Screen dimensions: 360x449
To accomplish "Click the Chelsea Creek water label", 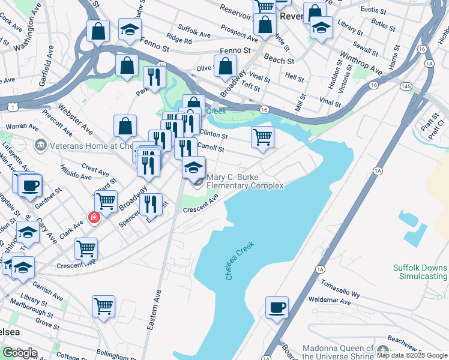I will point(240,261).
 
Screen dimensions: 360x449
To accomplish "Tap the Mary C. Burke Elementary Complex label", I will point(244,182).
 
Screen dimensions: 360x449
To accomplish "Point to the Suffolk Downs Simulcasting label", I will point(420,272).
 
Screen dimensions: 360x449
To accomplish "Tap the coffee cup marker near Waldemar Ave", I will point(277,308).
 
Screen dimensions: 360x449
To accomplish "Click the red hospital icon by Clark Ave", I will point(94,217).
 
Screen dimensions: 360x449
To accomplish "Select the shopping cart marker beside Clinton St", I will point(263,137).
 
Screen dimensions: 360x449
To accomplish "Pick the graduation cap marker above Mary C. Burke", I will point(194,167).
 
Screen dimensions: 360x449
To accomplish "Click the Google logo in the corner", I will point(19,353).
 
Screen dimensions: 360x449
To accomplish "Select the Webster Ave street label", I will point(76,118).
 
